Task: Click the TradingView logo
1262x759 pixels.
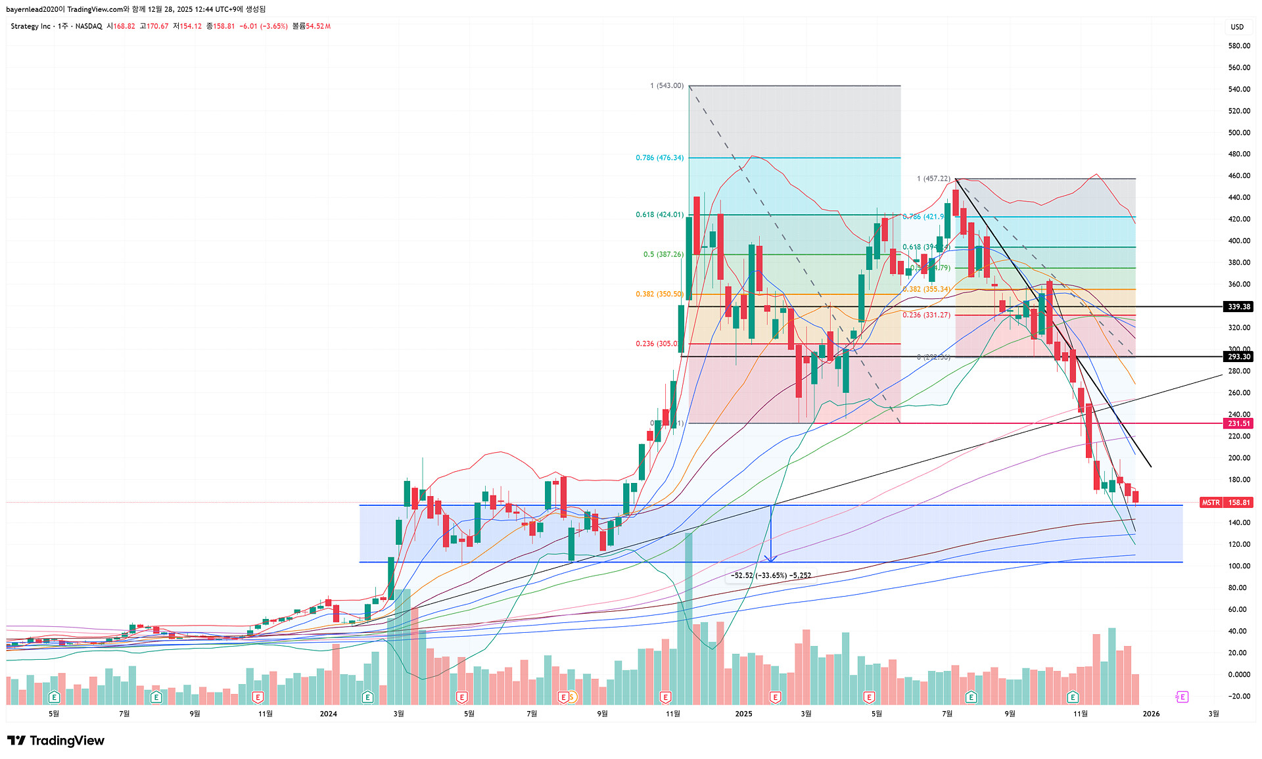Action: tap(56, 741)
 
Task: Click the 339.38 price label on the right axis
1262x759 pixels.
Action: tap(1238, 307)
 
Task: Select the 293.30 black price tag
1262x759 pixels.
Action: tap(1238, 357)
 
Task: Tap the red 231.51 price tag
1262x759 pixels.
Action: tap(1238, 423)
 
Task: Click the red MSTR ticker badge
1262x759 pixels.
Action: tap(1210, 503)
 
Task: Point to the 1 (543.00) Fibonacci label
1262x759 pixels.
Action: tap(666, 86)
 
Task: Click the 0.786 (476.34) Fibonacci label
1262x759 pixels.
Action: tap(659, 158)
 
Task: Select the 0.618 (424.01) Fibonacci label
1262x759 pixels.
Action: tap(659, 215)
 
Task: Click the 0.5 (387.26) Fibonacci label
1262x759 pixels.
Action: tap(663, 254)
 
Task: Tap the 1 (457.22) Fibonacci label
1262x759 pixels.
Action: tap(933, 179)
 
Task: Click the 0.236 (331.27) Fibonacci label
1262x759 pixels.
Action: tap(926, 315)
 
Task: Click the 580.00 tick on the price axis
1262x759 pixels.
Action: tap(1239, 46)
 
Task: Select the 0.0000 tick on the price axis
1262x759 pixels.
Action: tap(1239, 675)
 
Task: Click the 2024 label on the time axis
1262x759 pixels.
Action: tap(328, 714)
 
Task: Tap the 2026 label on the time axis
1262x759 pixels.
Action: tap(1151, 714)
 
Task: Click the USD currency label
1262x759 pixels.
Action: tap(1237, 27)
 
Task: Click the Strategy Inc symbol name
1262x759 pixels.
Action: tap(30, 26)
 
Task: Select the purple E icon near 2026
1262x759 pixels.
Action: tap(1182, 697)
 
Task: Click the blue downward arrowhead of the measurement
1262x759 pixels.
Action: tap(770, 559)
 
